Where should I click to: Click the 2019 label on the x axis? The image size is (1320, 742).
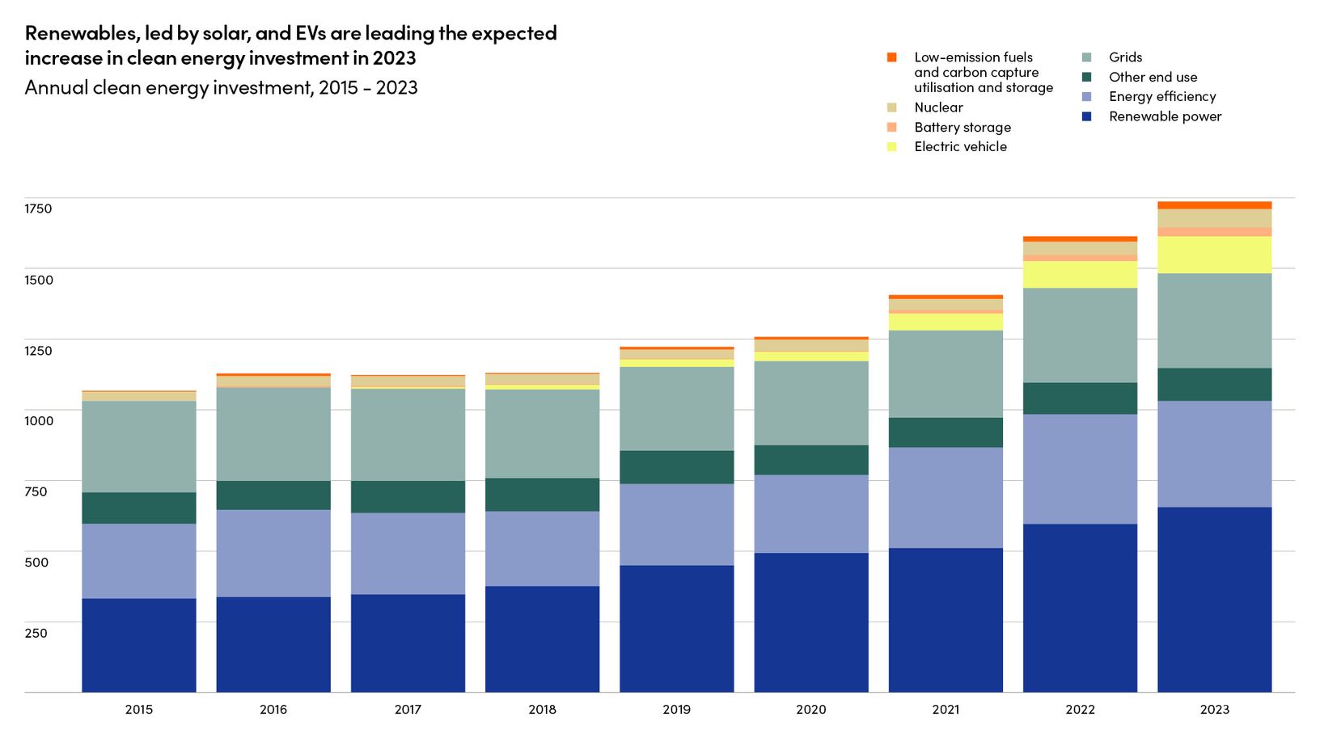[676, 710]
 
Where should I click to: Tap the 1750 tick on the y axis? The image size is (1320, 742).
[38, 209]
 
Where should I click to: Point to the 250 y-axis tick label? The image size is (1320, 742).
[36, 633]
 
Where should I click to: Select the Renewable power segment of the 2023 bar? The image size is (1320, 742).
[1214, 599]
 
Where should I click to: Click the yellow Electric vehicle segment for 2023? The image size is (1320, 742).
[1214, 255]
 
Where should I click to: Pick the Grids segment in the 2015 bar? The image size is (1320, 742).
[139, 446]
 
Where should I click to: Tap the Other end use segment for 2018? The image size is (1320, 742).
[542, 495]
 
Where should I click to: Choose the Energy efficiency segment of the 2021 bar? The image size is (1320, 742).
[946, 497]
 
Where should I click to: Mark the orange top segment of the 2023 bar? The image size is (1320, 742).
[1214, 205]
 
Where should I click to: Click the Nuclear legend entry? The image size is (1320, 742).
[938, 108]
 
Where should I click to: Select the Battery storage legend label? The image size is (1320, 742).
[962, 127]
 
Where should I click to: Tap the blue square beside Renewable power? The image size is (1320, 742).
[1087, 116]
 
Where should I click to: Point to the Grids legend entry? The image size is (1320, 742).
[1125, 57]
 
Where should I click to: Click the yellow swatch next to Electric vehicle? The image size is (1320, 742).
[892, 147]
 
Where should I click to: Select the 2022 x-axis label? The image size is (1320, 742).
[1080, 710]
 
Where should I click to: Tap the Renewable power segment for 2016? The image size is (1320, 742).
[273, 644]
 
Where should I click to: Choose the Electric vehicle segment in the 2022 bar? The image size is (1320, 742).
[1080, 275]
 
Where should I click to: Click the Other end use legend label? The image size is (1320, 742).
[1153, 77]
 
